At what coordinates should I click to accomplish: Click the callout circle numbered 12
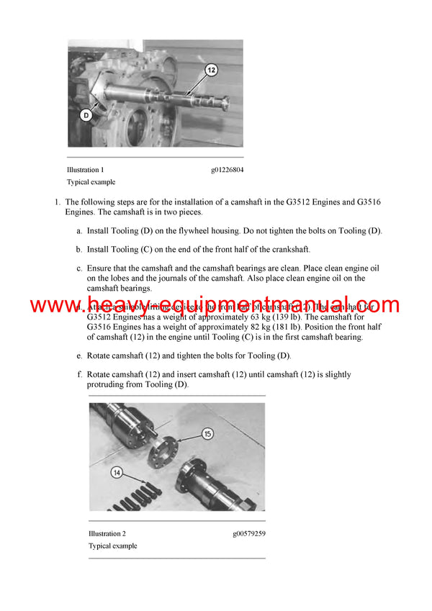pos(210,71)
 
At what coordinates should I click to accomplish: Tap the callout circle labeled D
pos(86,114)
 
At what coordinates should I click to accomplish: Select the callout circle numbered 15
pos(207,433)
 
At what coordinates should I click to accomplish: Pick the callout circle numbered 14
pos(115,473)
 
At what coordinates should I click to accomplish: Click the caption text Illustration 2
pos(107,533)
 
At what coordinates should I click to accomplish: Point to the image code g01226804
pos(227,170)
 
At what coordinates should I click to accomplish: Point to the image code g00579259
pos(248,533)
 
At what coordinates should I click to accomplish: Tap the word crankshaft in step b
pos(287,249)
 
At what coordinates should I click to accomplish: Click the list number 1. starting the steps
pos(58,202)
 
